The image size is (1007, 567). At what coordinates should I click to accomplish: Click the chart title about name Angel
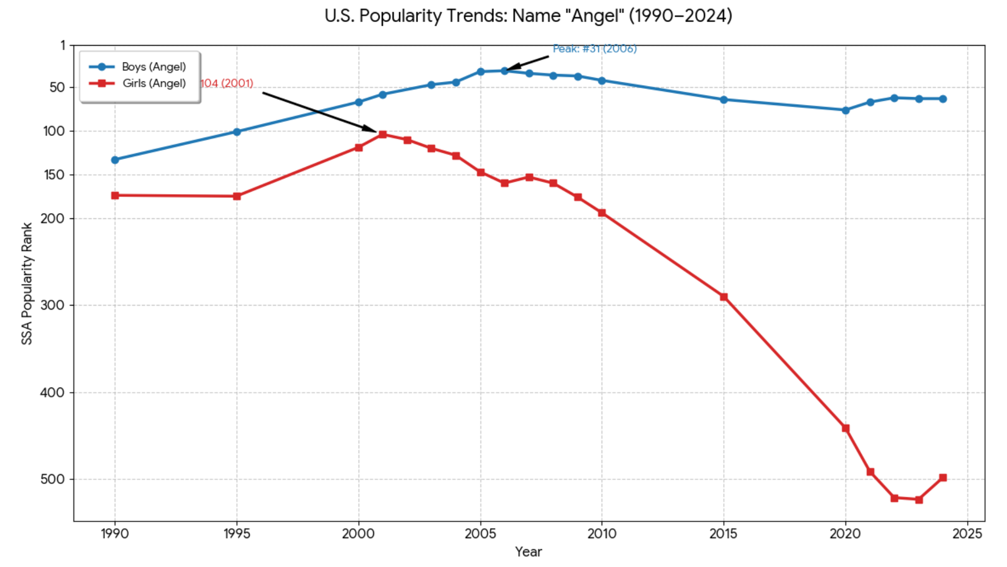click(x=528, y=16)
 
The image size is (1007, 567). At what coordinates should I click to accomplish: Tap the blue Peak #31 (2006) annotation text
click(x=595, y=49)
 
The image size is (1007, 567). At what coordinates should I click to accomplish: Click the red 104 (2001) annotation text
click(x=227, y=83)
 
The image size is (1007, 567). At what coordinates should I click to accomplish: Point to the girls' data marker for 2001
click(x=383, y=134)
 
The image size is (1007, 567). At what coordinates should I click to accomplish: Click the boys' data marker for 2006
click(x=505, y=71)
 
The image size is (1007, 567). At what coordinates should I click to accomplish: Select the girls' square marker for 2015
click(x=724, y=297)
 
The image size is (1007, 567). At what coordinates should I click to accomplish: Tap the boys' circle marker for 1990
click(x=115, y=160)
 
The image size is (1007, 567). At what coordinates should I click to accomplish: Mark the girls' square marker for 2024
click(x=943, y=478)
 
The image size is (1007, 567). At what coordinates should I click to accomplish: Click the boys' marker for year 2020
click(x=845, y=110)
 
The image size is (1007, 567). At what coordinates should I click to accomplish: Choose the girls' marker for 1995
click(x=237, y=196)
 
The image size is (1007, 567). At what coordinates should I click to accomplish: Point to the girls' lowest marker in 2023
click(x=919, y=500)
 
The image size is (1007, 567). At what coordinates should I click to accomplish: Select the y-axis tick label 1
click(x=63, y=46)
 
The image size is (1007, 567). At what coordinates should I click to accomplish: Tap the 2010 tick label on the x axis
click(x=602, y=534)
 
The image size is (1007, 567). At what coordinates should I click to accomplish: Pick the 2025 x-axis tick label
click(x=967, y=534)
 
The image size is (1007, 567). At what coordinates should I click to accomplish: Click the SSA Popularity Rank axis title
click(x=27, y=283)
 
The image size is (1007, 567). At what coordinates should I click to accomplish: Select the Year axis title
click(x=528, y=552)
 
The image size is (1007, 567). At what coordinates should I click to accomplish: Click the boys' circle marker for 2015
click(x=724, y=100)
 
